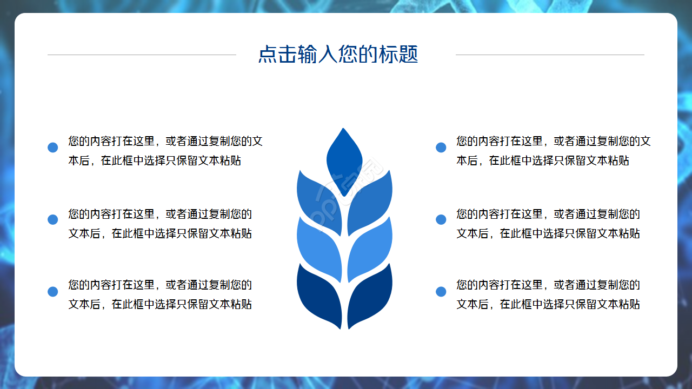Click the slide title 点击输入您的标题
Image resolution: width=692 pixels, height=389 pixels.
338,55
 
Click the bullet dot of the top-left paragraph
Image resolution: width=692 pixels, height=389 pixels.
52,147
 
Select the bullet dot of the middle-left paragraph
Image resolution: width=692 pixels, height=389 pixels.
52,219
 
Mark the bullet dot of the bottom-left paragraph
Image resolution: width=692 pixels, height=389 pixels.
52,292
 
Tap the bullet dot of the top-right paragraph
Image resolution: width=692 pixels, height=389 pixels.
441,147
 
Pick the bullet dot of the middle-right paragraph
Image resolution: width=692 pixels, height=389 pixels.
441,219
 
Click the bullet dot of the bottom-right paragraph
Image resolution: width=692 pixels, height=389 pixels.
441,292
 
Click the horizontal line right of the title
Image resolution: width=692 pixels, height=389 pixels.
550,55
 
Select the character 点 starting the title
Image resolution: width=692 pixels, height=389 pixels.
268,55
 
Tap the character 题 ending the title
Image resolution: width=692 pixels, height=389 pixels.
409,55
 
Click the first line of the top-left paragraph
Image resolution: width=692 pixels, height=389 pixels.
165,142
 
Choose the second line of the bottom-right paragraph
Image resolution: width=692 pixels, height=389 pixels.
548,304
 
